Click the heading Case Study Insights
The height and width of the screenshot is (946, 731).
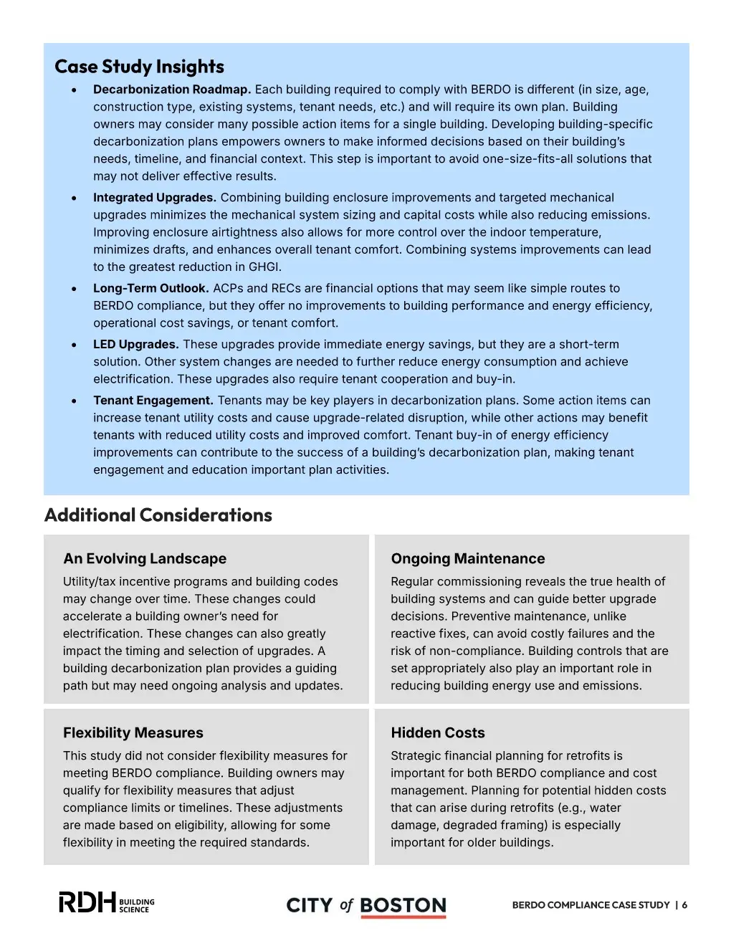click(139, 67)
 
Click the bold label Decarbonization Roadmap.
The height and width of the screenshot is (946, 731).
click(171, 90)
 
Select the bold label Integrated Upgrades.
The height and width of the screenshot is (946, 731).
click(154, 198)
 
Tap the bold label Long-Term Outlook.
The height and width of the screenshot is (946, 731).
click(150, 288)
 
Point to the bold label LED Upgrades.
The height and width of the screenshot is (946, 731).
click(135, 345)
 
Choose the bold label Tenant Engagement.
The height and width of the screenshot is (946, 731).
click(153, 401)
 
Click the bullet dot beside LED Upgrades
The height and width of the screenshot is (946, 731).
click(74, 345)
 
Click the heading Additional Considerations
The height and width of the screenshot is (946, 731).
click(158, 515)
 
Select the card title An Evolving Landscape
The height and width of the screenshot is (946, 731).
click(144, 559)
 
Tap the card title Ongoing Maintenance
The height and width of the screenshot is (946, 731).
click(467, 559)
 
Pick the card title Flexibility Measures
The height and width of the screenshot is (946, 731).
click(133, 733)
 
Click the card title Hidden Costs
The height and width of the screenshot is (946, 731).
click(437, 733)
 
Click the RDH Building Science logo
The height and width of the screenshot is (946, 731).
click(106, 903)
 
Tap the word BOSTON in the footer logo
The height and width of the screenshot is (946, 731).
click(403, 906)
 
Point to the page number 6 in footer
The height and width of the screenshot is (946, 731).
click(684, 905)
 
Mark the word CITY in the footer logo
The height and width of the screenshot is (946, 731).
click(309, 906)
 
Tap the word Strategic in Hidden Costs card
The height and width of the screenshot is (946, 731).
click(416, 756)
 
